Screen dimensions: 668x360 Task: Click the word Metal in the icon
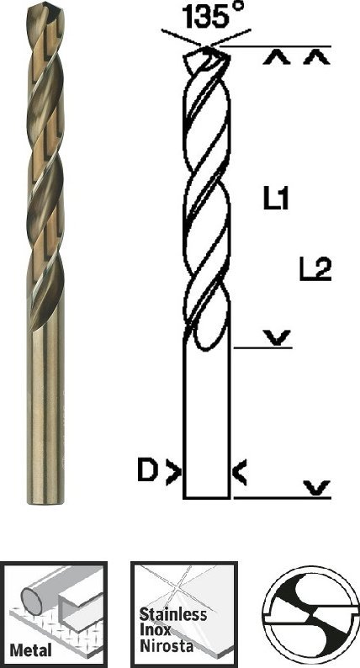pyautogui.click(x=32, y=649)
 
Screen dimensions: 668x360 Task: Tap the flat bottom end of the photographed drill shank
pyautogui.click(x=45, y=503)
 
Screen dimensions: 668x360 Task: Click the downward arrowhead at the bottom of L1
pyautogui.click(x=275, y=338)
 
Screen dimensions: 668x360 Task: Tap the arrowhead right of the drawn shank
pyautogui.click(x=240, y=474)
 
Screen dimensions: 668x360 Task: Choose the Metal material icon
pyautogui.click(x=55, y=612)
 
